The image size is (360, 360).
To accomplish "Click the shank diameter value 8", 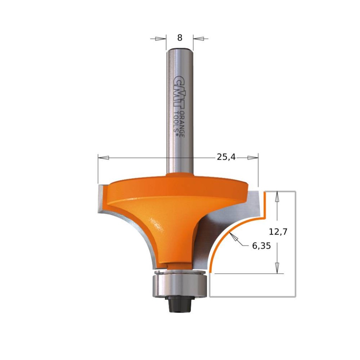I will point(180,38).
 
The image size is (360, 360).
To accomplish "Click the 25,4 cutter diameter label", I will point(226,157).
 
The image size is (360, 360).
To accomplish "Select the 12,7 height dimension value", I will point(277,232).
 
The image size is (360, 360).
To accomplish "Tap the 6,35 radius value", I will point(261,246).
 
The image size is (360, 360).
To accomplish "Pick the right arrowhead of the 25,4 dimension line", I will point(252,158).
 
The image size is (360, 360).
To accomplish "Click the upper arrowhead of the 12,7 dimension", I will point(278,197).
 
